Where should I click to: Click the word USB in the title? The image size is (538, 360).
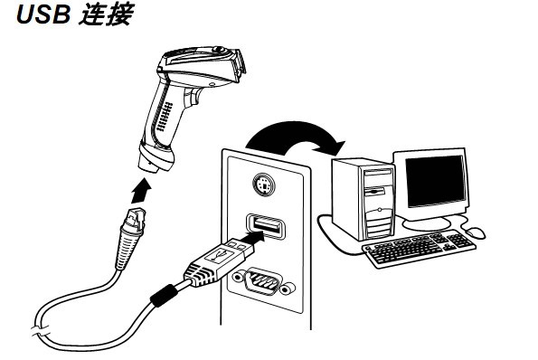click(33, 17)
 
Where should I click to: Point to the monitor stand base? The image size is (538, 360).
click(430, 220)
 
